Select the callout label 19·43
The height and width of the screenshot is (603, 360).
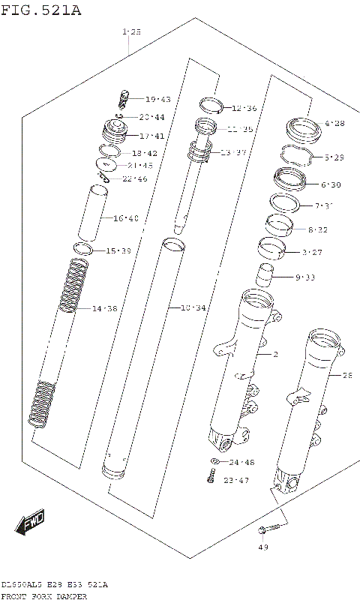(157, 99)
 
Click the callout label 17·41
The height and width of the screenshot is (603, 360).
(152, 136)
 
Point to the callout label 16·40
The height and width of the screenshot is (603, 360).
(126, 218)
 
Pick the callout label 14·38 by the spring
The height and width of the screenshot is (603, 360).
(105, 308)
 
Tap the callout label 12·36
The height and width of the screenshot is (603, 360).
(244, 108)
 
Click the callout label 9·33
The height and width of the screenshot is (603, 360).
(305, 277)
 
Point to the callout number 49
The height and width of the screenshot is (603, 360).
(262, 547)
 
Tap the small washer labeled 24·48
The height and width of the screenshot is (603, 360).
(214, 462)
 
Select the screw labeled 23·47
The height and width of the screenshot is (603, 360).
(212, 475)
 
